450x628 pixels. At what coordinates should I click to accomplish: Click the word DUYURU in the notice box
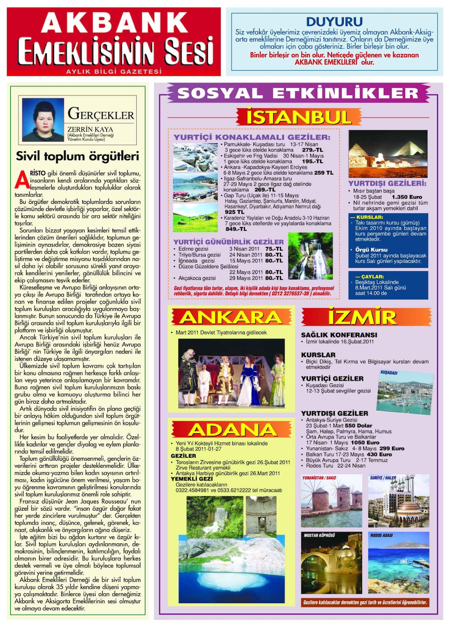[334, 22]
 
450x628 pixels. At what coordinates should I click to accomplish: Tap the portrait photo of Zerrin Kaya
[43, 120]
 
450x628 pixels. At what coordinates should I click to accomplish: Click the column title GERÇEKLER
[101, 114]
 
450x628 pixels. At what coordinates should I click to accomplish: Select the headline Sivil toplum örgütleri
[77, 156]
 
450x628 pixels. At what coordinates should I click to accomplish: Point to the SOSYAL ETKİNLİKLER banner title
[298, 93]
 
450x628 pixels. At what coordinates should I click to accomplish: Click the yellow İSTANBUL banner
[298, 117]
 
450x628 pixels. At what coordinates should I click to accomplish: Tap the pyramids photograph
[387, 154]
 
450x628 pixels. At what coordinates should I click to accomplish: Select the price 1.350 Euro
[407, 197]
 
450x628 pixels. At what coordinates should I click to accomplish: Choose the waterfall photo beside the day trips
[310, 256]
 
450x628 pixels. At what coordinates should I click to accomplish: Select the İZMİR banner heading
[362, 317]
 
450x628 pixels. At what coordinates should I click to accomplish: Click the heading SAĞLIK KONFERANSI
[339, 335]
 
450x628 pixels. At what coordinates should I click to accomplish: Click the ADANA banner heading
[232, 430]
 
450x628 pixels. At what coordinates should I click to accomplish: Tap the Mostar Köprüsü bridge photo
[331, 562]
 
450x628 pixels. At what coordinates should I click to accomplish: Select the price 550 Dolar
[358, 425]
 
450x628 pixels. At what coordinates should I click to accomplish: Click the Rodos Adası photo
[398, 562]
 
